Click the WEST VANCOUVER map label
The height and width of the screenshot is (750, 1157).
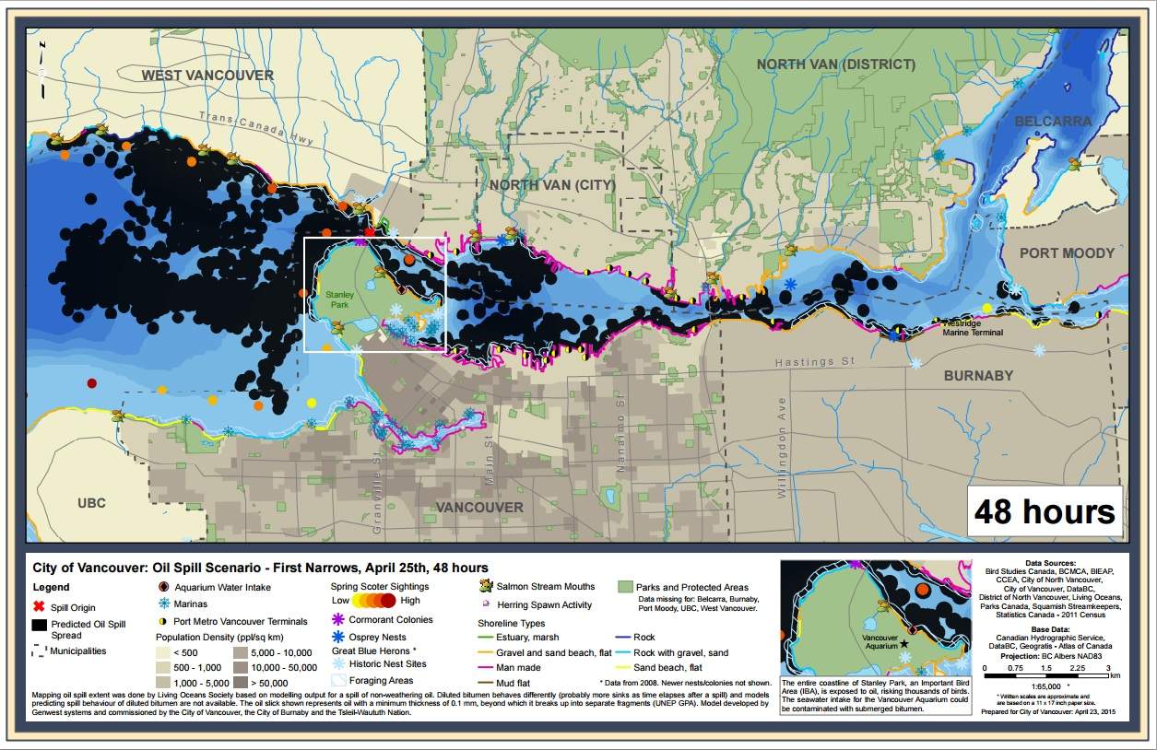(x=207, y=75)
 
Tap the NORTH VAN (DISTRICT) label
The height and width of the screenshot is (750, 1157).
(x=836, y=64)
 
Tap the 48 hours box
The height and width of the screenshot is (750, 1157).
(x=1045, y=511)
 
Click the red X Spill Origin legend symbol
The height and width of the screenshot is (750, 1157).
(x=39, y=604)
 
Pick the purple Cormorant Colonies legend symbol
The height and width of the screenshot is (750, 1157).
(x=338, y=620)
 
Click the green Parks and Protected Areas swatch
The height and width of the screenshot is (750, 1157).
(x=625, y=587)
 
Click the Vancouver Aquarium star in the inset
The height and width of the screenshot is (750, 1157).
(x=905, y=643)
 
